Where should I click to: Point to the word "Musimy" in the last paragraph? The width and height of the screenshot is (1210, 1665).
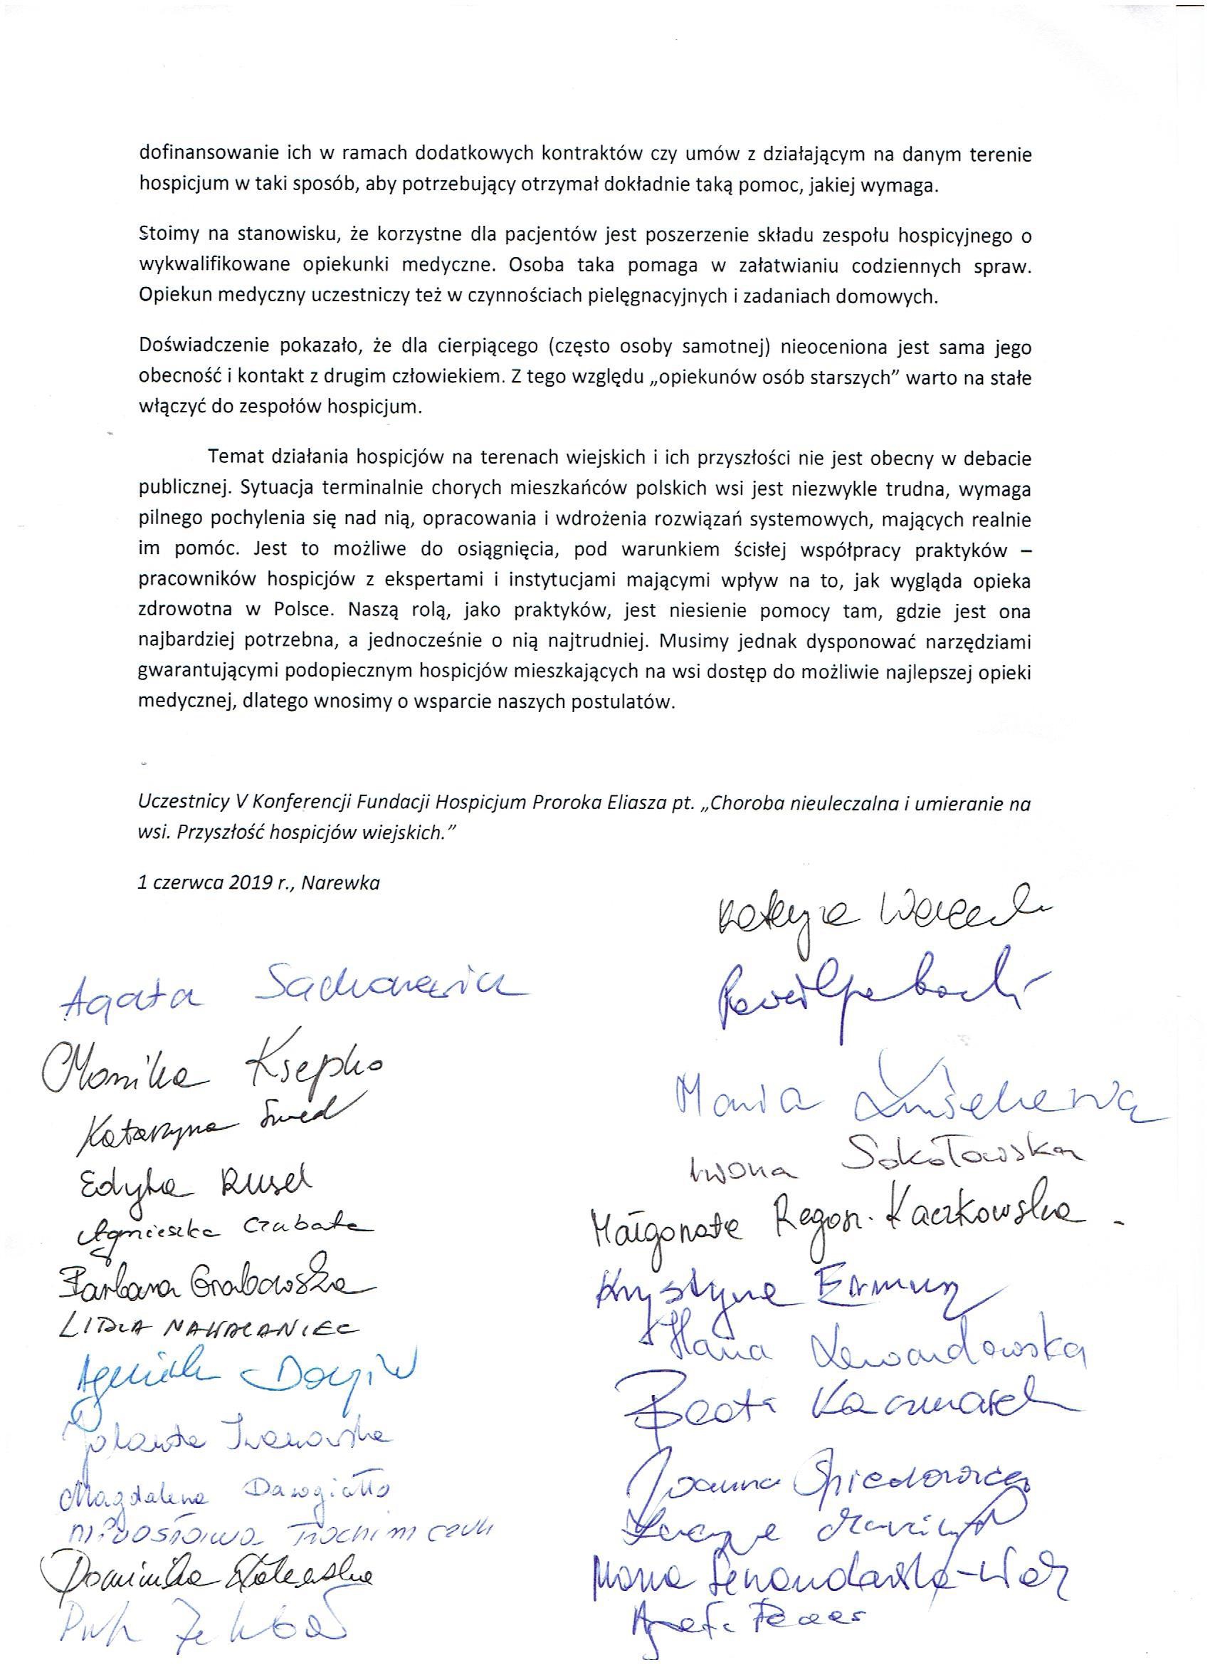coord(690,641)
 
